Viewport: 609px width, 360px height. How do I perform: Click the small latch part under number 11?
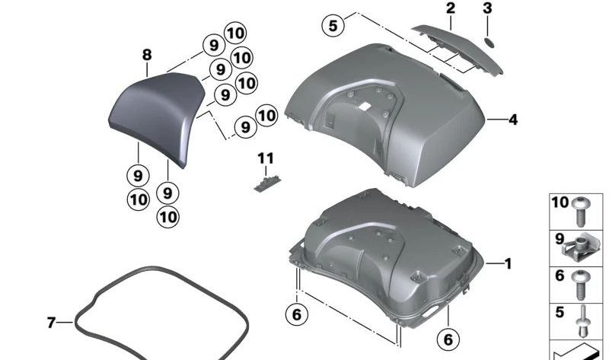point(264,180)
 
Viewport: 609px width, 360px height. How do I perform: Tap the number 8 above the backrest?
point(147,54)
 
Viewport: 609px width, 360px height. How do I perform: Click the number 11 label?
point(264,158)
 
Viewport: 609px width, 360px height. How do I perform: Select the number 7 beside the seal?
point(52,323)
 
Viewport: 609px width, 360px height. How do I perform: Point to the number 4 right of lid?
point(513,119)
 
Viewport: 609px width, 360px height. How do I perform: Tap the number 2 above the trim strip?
point(451,9)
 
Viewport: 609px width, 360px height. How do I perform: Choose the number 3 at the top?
point(487,9)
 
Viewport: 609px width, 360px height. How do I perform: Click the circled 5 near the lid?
point(333,25)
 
